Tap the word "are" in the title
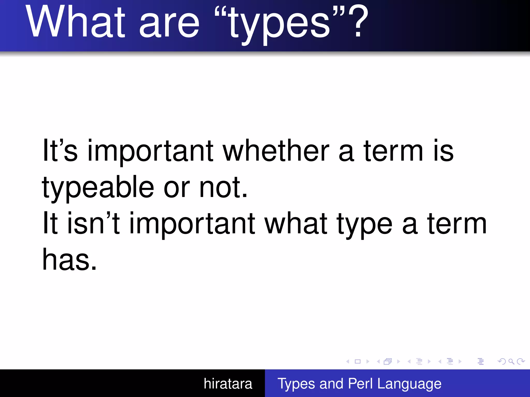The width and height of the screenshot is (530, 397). click(x=169, y=26)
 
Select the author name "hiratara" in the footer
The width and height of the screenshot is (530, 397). click(x=228, y=384)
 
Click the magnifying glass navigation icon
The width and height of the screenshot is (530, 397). click(x=511, y=361)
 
